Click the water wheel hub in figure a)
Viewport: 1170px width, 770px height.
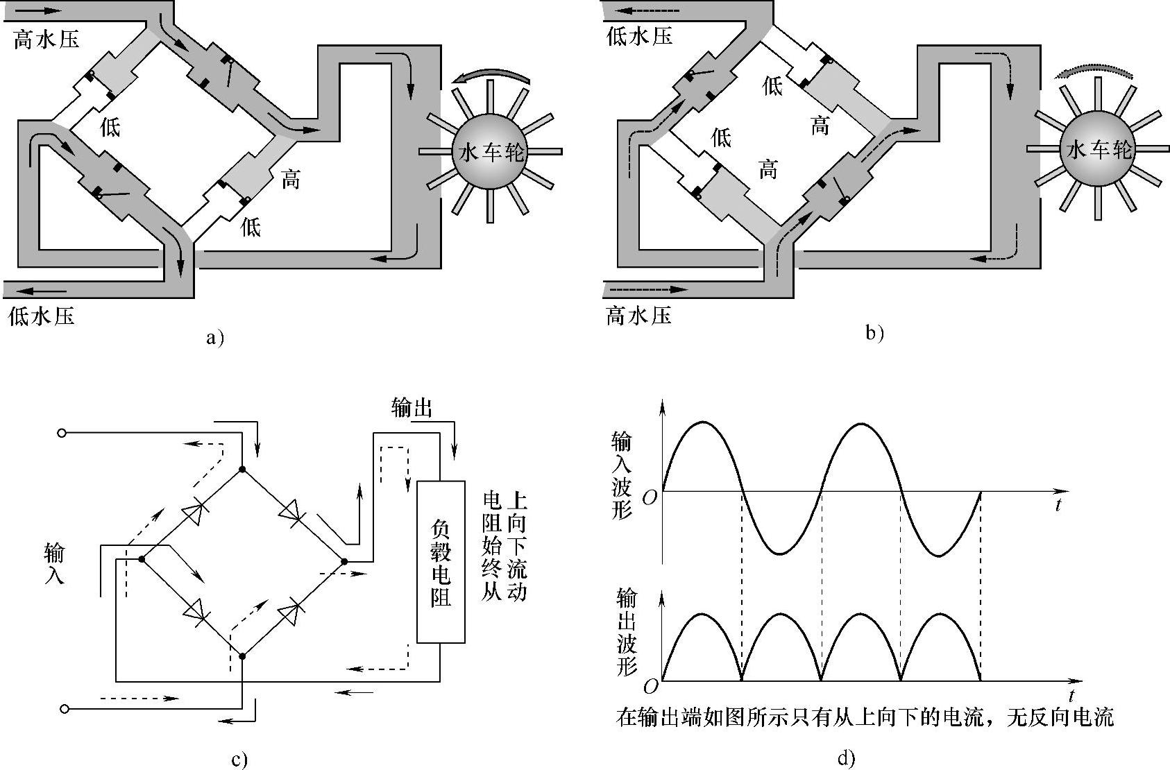tap(489, 151)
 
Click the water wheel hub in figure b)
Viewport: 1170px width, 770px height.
tap(1099, 148)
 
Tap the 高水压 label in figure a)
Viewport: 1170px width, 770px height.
tap(46, 39)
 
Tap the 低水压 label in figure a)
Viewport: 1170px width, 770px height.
tap(41, 316)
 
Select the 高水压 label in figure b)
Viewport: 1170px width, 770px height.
tap(639, 316)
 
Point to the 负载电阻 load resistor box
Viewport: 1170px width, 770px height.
tap(441, 562)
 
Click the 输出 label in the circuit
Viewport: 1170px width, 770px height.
tap(412, 408)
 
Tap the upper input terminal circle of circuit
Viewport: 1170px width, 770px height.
tap(62, 433)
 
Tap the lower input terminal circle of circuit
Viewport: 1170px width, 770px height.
tap(65, 708)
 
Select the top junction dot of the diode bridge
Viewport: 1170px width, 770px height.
tap(241, 470)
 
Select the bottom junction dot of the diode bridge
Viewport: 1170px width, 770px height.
tap(242, 655)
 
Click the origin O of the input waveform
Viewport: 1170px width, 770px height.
tap(650, 498)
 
